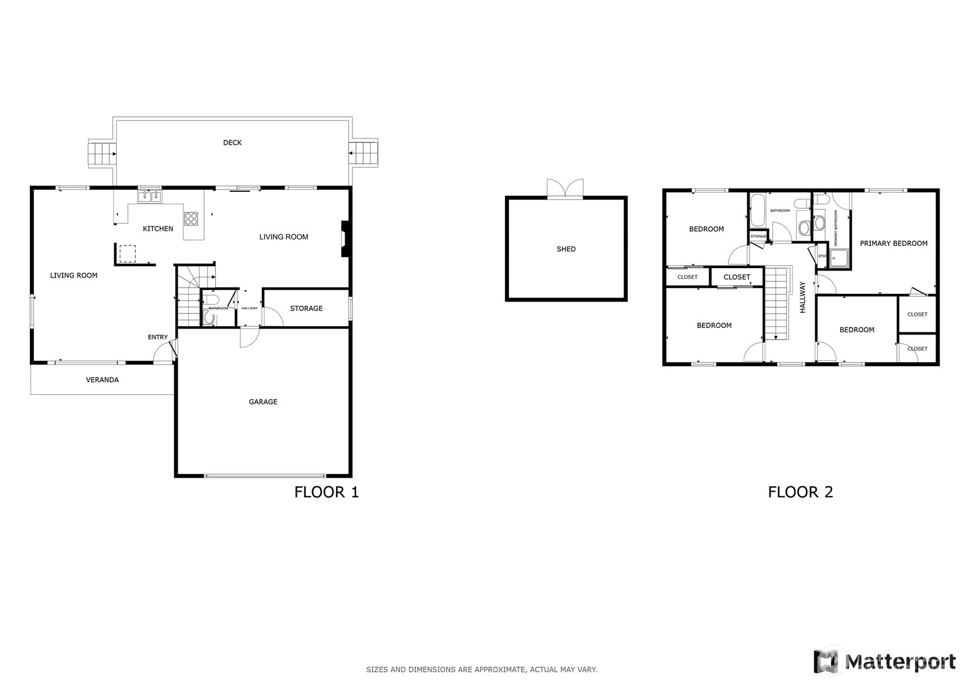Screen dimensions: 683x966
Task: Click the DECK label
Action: [x=232, y=143]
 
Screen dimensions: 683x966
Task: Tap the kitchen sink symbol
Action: [x=150, y=197]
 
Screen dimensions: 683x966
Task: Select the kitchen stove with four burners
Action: [x=191, y=218]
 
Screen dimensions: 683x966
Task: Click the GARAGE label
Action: [x=263, y=402]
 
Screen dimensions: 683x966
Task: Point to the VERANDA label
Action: [x=103, y=380]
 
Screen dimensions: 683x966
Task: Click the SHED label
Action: [x=566, y=249]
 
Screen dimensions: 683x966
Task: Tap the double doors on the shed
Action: [x=565, y=189]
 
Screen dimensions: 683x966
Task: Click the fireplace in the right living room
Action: [x=346, y=238]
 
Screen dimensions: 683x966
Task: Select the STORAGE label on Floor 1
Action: [x=306, y=309]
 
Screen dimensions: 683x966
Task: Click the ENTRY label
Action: [x=158, y=337]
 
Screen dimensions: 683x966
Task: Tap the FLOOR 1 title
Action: [x=326, y=492]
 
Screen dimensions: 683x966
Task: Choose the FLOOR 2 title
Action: [x=800, y=492]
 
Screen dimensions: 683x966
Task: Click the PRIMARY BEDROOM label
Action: [x=893, y=244]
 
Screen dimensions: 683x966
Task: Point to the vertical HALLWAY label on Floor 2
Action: [x=802, y=297]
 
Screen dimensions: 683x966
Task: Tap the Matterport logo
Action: [x=884, y=661]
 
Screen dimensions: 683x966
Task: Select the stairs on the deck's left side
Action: [x=100, y=154]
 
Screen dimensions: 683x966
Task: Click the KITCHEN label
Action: [x=158, y=229]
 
